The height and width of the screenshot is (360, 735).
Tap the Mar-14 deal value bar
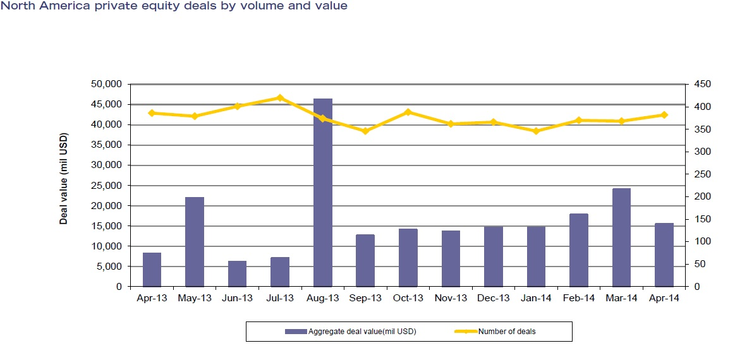621,237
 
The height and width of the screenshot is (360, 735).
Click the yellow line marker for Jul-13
279,98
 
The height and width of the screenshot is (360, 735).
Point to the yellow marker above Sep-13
365,131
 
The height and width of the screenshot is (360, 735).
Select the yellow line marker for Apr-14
664,115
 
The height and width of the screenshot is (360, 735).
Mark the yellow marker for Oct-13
408,112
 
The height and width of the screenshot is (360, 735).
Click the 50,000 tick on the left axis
108,84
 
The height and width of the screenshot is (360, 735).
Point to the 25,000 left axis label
108,186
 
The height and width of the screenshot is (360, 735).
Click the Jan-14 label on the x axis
536,299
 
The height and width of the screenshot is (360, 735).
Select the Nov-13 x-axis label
451,299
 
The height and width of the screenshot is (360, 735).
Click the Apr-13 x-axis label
152,299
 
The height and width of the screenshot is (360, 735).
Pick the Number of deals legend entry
506,332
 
